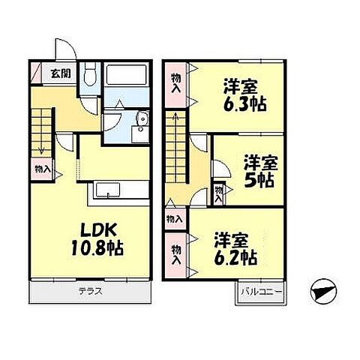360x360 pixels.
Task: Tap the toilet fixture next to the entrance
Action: pos(88,74)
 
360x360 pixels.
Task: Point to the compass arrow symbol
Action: pos(322,291)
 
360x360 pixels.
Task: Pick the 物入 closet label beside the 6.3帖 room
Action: pos(176,82)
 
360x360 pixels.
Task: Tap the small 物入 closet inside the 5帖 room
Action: pos(218,193)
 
